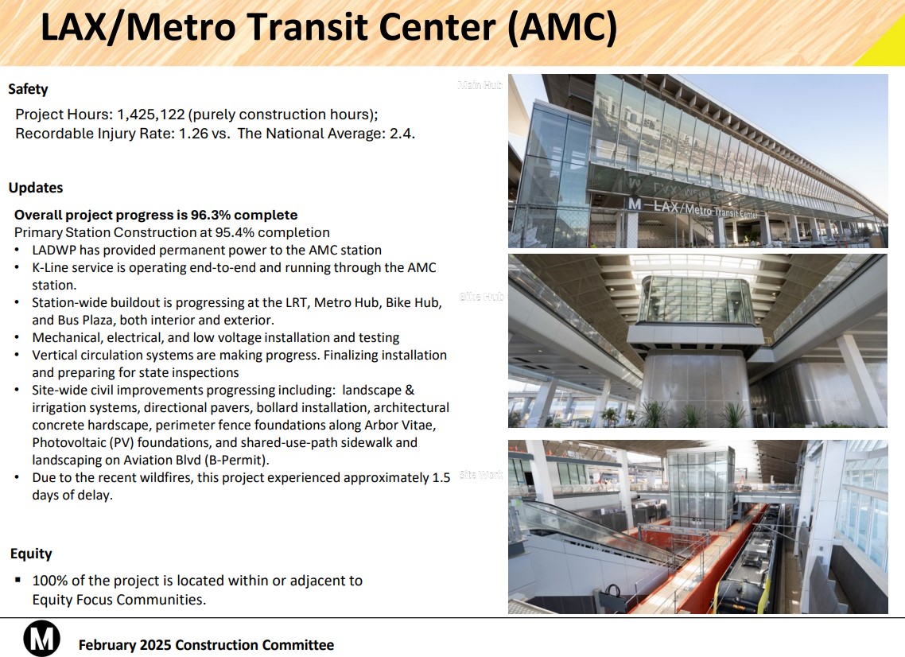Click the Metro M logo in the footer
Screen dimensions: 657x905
41,638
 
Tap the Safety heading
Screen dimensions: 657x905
29,89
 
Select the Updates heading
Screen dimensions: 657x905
36,188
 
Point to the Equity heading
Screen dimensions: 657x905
31,554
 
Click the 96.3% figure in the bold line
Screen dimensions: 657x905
208,215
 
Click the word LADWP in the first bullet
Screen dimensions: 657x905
55,250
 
